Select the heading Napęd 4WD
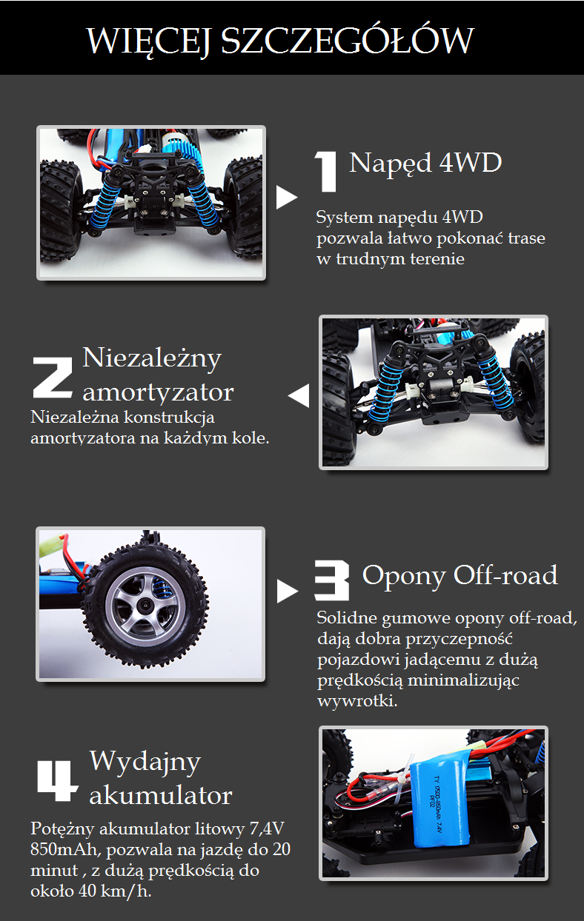coord(425,163)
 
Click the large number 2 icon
coord(53,378)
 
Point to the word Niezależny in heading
coord(152,358)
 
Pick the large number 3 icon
coord(332,580)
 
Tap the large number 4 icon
coord(57,780)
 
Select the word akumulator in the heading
coord(161,795)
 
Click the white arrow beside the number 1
coord(286,198)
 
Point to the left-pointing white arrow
coord(299,395)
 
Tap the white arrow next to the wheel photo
coord(287,592)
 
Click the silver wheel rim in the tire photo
coord(142,606)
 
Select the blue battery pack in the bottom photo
coord(440,803)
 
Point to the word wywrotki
coord(357,700)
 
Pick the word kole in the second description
coord(250,438)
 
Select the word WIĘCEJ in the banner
coord(148,41)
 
